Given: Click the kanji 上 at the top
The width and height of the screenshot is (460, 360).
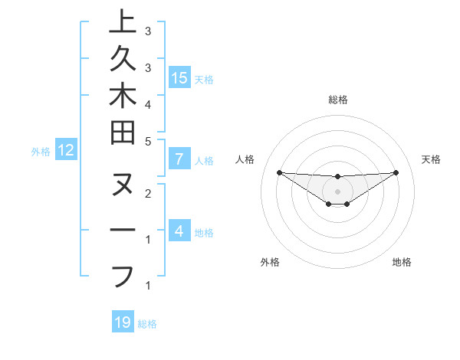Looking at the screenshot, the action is coord(123,23).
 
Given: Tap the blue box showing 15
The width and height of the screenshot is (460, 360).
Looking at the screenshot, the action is coord(179,77).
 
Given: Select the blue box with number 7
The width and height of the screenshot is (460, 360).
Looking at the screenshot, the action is coord(179,160).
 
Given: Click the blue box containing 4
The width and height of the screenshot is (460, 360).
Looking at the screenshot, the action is coord(179,231).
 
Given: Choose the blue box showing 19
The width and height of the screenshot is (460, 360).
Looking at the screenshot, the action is coord(123,322).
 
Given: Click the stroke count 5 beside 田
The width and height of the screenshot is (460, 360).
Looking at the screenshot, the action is coord(148,141).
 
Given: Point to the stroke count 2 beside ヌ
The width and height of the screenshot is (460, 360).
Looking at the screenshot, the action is coord(148,193).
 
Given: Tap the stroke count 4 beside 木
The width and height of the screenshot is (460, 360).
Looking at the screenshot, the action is coord(148,104).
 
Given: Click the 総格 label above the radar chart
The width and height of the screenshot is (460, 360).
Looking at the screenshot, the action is coord(338,100).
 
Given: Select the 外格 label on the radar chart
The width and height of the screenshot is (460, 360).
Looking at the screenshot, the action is coord(270,262).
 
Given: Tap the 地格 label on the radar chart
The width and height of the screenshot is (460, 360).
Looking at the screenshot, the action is coord(402,262).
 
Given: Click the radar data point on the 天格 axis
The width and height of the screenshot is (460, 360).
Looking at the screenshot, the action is coord(396,172).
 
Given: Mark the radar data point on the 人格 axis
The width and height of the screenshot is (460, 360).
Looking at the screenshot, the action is coord(279,172).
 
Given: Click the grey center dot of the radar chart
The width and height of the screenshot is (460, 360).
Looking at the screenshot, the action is coord(337,191).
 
